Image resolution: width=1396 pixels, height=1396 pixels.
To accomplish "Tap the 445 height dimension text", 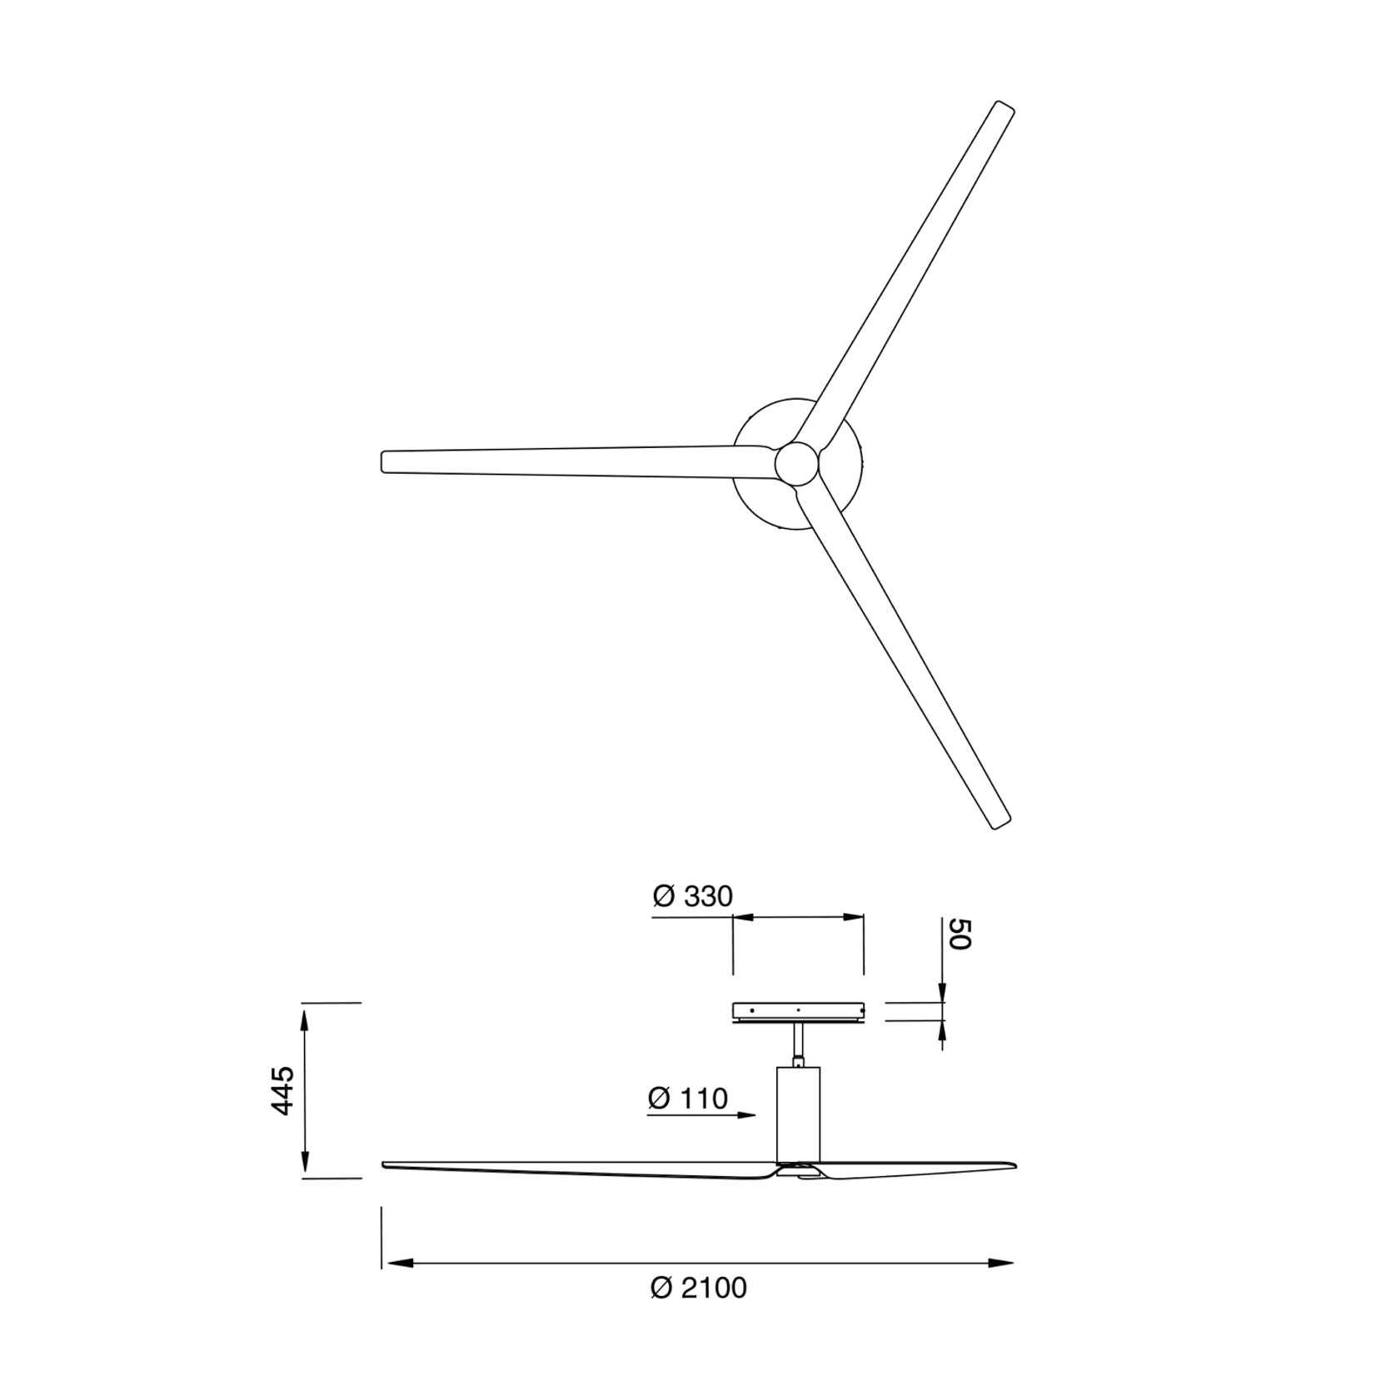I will point(283,1090).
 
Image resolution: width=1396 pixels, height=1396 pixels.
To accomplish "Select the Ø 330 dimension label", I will point(692,896).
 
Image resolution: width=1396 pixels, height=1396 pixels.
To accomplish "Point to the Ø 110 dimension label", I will point(688,1099).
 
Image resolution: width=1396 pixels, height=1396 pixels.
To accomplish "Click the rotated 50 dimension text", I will point(960,934).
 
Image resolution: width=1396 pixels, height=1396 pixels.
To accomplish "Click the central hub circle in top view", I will point(796,463).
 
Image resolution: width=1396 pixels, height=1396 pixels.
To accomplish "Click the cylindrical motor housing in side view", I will point(798,1114).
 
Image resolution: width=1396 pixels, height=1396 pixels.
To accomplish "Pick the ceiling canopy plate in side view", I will point(798,1011).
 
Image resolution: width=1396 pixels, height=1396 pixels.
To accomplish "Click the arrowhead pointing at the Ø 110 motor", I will point(747,1114).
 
